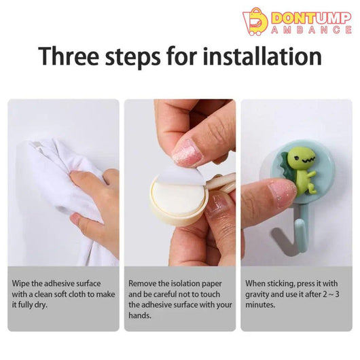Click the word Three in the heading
tap(69, 56)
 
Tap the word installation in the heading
tap(262, 56)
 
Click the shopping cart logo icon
tap(255, 22)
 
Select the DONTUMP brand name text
tap(311, 18)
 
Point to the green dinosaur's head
tap(302, 158)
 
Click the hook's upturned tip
tap(298, 224)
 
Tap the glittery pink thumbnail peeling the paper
tap(187, 152)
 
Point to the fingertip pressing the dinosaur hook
tap(281, 191)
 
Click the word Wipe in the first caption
tap(20, 283)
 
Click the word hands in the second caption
tap(140, 315)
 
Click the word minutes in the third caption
tap(260, 305)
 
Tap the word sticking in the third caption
tap(281, 284)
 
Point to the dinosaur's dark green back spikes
tap(287, 168)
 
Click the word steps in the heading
tap(132, 58)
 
